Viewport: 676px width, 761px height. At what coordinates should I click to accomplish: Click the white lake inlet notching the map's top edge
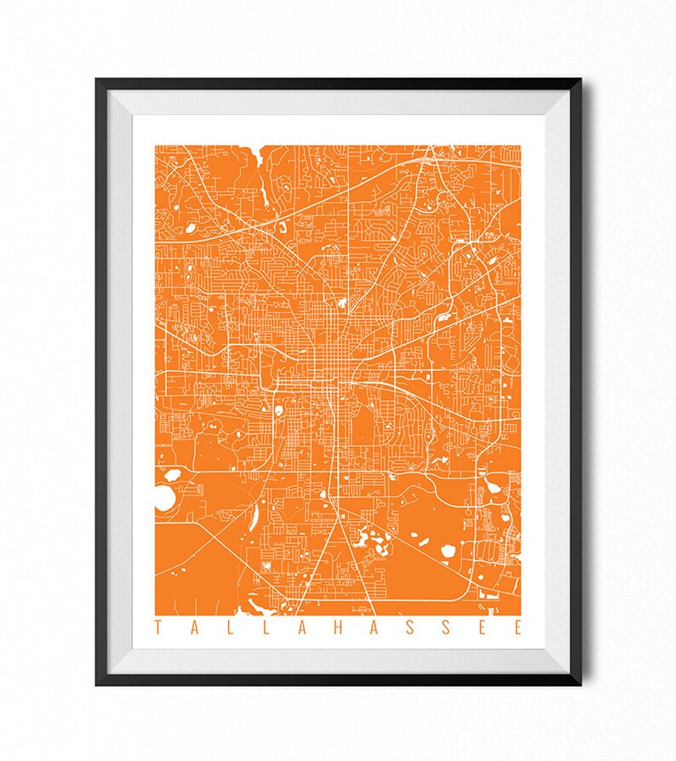pyautogui.click(x=259, y=157)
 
